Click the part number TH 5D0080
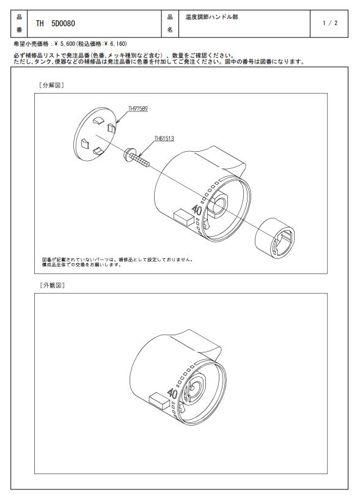coord(55,23)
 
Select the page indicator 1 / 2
coord(330,23)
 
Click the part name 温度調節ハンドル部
coord(211,17)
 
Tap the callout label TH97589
coord(138,109)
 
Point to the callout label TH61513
coord(164,138)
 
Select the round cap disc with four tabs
coord(95,134)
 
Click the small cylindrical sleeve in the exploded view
coord(274,238)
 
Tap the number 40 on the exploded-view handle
coord(197,210)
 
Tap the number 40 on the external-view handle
coord(172,393)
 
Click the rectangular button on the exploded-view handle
coord(184,218)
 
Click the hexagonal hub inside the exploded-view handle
coord(218,206)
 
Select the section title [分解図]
coord(51,85)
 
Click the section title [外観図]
coord(52,285)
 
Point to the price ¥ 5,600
coord(65,43)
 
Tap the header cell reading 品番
coord(19,23)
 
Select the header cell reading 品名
coord(170,23)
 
